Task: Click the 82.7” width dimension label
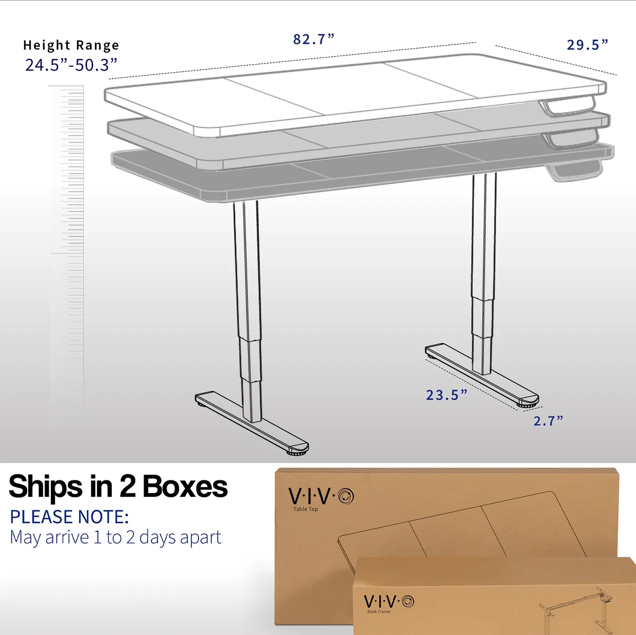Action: [x=314, y=39]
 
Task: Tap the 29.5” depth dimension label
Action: [x=587, y=45]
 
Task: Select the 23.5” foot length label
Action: [x=447, y=395]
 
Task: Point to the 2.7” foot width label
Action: [x=548, y=421]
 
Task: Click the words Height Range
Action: [x=71, y=45]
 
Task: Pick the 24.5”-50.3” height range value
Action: [x=72, y=65]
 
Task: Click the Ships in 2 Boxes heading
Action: [x=118, y=487]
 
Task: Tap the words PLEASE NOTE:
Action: [x=69, y=517]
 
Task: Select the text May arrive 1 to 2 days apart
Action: [x=116, y=538]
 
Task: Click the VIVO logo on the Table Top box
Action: [x=321, y=496]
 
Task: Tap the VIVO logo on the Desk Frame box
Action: [x=389, y=601]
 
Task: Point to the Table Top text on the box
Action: [x=306, y=509]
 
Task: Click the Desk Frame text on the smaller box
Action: [x=378, y=611]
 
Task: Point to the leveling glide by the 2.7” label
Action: [x=527, y=404]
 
